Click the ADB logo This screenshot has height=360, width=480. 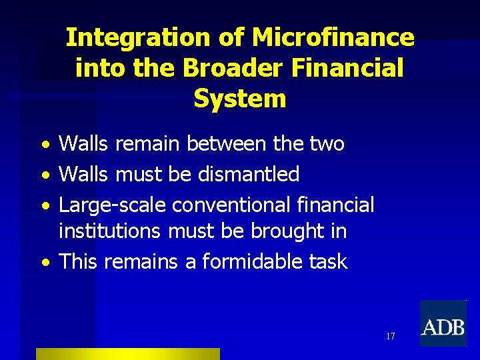443,324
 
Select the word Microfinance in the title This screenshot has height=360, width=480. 333,38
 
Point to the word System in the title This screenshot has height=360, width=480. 239,99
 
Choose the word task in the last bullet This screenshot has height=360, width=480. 328,261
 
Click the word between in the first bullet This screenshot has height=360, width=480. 231,143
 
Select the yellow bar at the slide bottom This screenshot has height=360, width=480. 127,353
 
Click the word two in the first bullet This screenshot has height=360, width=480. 327,143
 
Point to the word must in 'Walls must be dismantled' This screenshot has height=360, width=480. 138,175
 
